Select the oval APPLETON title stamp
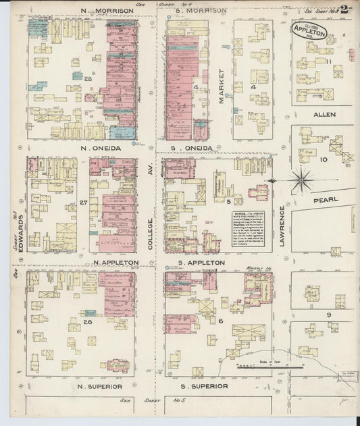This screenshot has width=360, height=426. (309, 31)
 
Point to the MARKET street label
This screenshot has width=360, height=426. (221, 86)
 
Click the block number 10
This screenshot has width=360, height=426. (324, 160)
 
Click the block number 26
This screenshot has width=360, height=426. (87, 322)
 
